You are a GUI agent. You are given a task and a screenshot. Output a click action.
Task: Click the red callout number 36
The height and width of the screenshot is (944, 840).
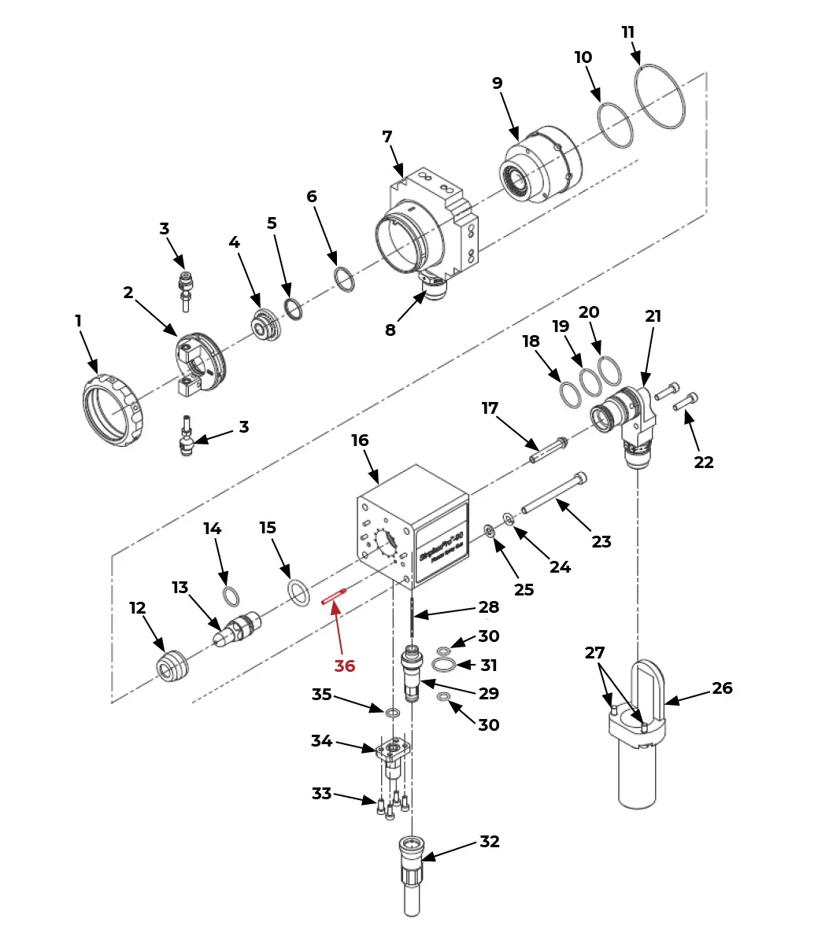point(345,666)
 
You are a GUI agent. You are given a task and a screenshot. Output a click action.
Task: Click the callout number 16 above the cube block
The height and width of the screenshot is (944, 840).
point(360,441)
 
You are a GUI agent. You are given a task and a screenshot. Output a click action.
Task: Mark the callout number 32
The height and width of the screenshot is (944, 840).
point(490,842)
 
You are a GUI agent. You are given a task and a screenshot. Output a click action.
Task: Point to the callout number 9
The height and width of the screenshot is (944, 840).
point(497,83)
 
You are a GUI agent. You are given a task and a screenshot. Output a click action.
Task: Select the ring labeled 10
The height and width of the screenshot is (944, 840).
point(615,125)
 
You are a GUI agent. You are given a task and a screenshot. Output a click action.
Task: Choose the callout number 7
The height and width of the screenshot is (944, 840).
point(387,137)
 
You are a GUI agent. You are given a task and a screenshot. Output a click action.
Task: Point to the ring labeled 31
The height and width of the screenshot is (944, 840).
point(444,666)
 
